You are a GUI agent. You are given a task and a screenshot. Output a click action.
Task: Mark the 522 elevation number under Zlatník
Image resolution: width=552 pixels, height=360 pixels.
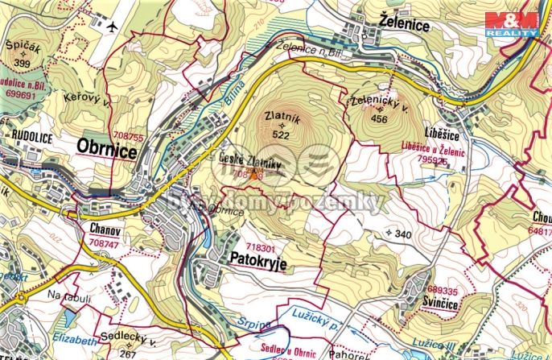click(x=281, y=135)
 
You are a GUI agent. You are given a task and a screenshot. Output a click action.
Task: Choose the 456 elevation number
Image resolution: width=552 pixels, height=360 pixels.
click(x=379, y=119)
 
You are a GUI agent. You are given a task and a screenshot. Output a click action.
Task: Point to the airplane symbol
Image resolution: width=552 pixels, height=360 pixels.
click(x=111, y=25)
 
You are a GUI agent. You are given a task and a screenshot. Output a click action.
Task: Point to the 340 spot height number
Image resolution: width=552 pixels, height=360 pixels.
click(x=406, y=234)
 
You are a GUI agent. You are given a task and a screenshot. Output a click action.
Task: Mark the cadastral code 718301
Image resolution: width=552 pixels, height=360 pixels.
click(x=260, y=248)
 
